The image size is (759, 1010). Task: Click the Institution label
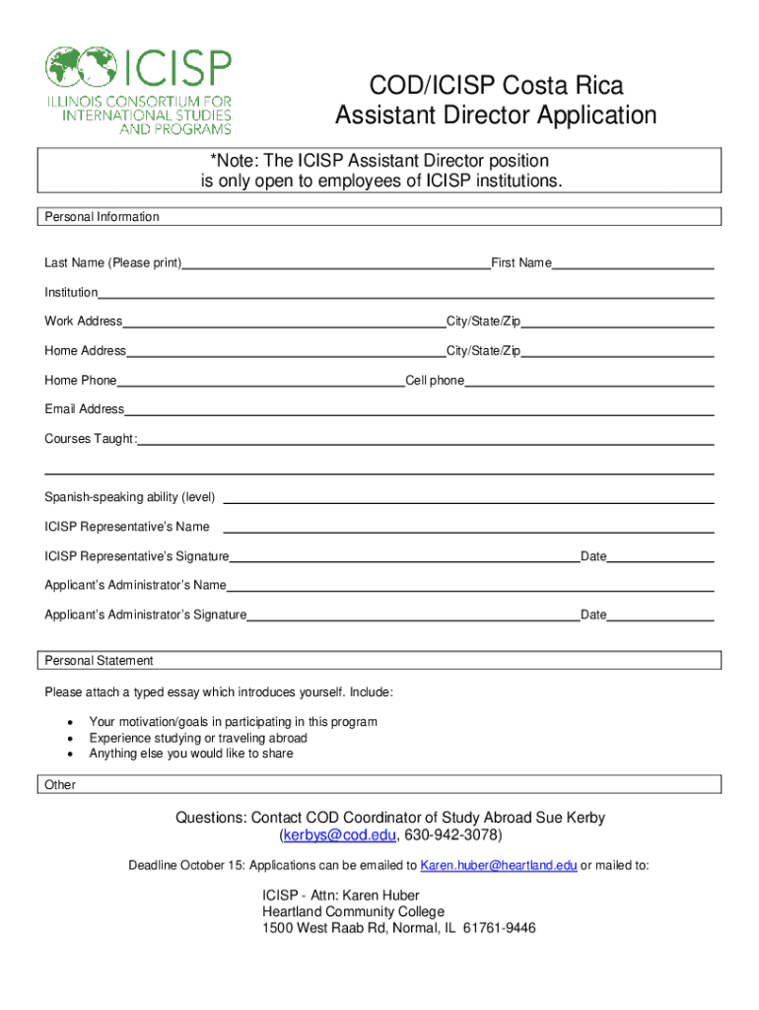click(71, 293)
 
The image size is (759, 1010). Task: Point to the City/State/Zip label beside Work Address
click(483, 322)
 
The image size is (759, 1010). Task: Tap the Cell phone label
click(435, 381)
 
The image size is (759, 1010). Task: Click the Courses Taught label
click(90, 439)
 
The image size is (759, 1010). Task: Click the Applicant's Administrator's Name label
click(135, 586)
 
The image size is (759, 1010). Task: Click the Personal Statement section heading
click(99, 661)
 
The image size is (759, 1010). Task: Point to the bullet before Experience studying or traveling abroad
click(69, 739)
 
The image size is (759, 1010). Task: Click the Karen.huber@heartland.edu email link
click(499, 866)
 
